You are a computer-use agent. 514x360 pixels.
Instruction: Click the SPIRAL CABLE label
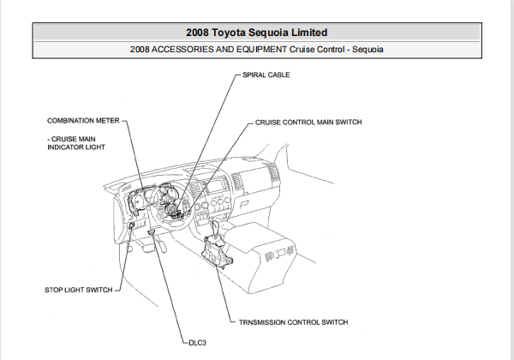click(x=266, y=75)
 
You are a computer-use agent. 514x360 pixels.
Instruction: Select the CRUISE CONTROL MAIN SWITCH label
click(x=308, y=123)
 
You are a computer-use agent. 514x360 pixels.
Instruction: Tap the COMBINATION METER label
click(x=82, y=122)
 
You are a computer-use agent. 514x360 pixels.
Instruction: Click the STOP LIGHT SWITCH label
click(x=78, y=291)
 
